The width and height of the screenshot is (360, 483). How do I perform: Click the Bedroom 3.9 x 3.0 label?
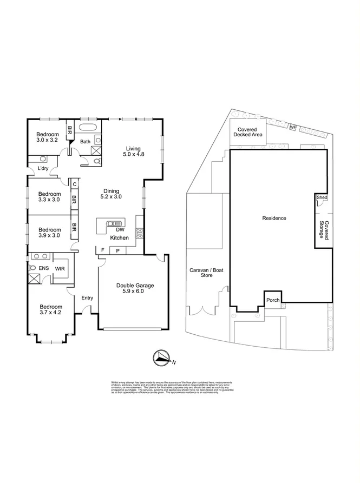click(48, 232)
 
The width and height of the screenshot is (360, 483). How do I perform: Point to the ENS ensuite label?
click(43, 268)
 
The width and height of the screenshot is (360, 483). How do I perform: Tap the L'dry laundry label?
click(43, 169)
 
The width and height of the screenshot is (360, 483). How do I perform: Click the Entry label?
click(87, 298)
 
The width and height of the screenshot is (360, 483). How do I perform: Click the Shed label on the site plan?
click(322, 198)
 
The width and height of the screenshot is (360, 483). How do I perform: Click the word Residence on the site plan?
click(274, 218)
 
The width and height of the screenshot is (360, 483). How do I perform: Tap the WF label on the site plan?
click(293, 127)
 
